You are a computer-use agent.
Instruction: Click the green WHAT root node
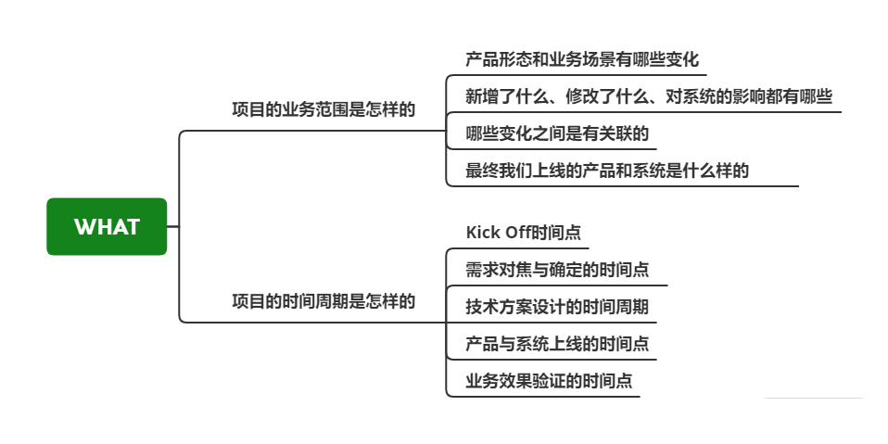(x=107, y=226)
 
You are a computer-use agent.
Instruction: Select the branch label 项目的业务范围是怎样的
(x=323, y=109)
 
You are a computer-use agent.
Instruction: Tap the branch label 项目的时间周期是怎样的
(x=323, y=301)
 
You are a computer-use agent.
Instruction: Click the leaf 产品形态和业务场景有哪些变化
(x=581, y=60)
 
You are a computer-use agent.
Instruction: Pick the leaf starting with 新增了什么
(x=648, y=96)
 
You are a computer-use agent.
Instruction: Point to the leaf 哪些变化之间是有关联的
(x=556, y=133)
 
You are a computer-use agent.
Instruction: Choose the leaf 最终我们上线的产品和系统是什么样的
(x=606, y=171)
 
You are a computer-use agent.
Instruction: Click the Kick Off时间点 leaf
(x=523, y=232)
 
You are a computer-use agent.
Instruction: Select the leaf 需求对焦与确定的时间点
(x=556, y=270)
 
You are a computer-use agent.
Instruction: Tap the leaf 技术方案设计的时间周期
(x=556, y=307)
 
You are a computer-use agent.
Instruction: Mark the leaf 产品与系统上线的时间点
(x=556, y=344)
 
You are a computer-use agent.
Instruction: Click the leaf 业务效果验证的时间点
(x=550, y=381)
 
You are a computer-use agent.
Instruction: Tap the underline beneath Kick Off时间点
(x=519, y=248)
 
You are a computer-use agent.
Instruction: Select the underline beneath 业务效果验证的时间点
(x=547, y=397)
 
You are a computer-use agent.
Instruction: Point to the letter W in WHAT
(x=83, y=227)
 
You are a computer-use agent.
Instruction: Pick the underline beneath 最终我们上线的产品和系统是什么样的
(x=621, y=186)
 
